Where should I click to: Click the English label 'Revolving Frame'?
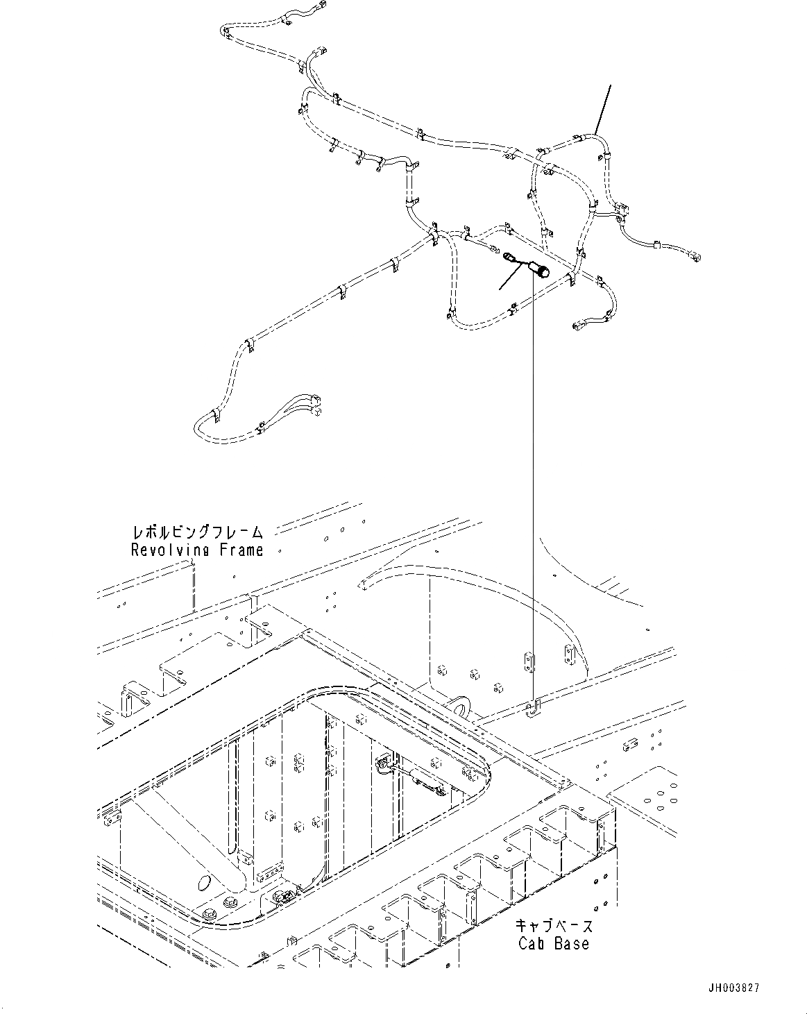click(x=197, y=550)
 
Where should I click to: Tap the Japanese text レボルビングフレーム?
click(x=197, y=533)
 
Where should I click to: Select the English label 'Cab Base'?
click(x=554, y=943)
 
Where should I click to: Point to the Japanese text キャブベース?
click(x=554, y=926)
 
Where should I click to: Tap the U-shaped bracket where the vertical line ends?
click(x=532, y=710)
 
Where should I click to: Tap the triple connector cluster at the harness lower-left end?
click(x=316, y=405)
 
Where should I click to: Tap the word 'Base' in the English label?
click(x=572, y=943)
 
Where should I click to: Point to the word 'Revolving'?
click(x=171, y=550)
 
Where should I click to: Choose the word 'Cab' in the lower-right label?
click(x=531, y=943)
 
